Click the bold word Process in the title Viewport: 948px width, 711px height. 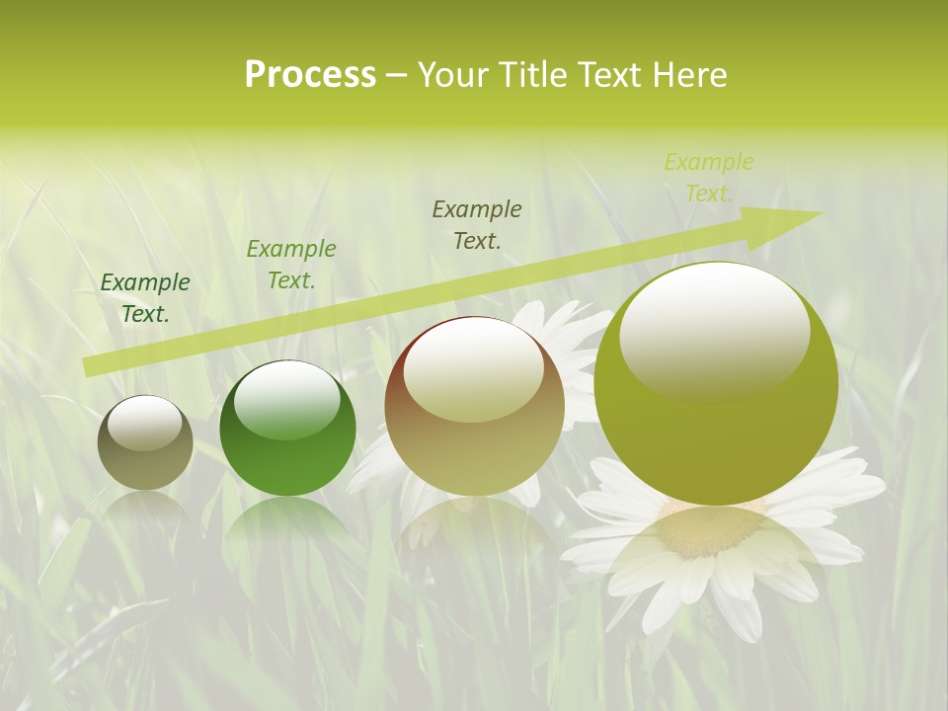[x=310, y=75]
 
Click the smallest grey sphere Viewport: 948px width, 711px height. [x=145, y=442]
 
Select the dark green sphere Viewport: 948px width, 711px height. [x=287, y=429]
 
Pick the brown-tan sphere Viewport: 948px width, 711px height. [x=474, y=406]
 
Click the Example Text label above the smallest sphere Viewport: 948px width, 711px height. [x=145, y=298]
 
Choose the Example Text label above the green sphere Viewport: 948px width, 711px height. [x=291, y=265]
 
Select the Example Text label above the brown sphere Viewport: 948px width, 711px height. [x=477, y=224]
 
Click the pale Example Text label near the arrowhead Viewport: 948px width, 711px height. [x=709, y=178]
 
